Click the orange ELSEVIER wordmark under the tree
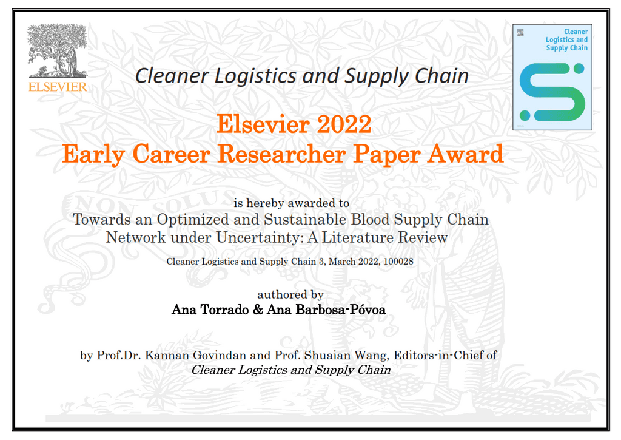(58, 86)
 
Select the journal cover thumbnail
(552, 76)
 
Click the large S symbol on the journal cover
(552, 91)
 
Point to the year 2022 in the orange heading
(343, 124)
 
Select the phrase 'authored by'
(290, 294)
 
